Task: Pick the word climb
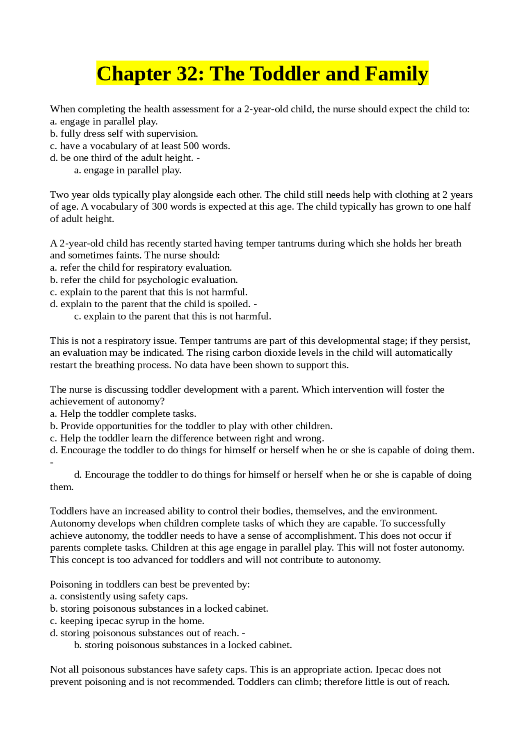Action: [x=307, y=682]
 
